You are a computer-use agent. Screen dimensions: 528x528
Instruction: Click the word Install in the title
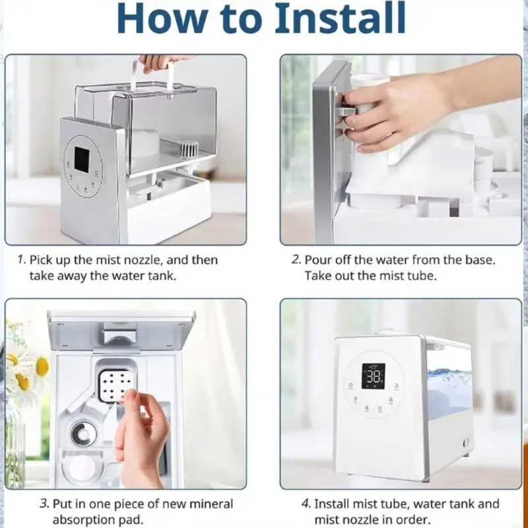(340, 18)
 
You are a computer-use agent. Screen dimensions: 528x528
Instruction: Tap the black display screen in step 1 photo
(82, 159)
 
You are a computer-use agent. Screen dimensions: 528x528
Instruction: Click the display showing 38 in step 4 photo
(374, 376)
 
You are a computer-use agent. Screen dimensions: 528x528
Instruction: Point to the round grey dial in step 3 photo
(84, 434)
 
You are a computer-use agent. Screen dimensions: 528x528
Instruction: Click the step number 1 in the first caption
(21, 259)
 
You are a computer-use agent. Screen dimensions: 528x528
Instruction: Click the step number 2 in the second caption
(296, 259)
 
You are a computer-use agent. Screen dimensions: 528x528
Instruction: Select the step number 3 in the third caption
(44, 504)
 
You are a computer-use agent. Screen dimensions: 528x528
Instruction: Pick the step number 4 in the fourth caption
(306, 504)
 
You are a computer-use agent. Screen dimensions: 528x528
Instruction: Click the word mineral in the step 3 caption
(211, 504)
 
